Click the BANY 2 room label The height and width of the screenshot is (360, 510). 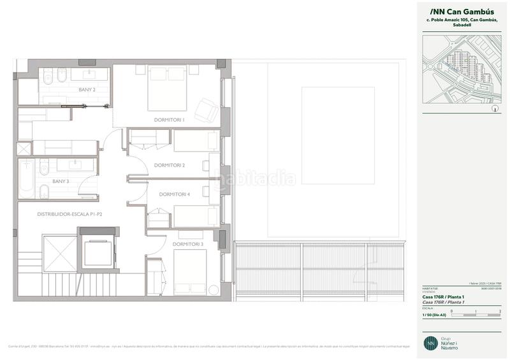tap(87, 90)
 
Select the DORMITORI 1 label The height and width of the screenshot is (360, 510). tap(169, 119)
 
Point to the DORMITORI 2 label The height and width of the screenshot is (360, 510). tap(170, 165)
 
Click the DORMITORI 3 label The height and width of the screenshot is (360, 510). tap(187, 244)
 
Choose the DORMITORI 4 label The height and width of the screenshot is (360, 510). tap(175, 194)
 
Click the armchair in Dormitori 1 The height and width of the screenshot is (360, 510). tap(205, 109)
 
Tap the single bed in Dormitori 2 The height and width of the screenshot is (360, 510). tap(196, 141)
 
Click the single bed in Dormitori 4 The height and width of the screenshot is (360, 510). tap(196, 216)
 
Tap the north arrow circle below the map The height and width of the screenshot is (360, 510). tap(495, 109)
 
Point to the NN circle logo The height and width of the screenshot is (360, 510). tap(432, 342)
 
